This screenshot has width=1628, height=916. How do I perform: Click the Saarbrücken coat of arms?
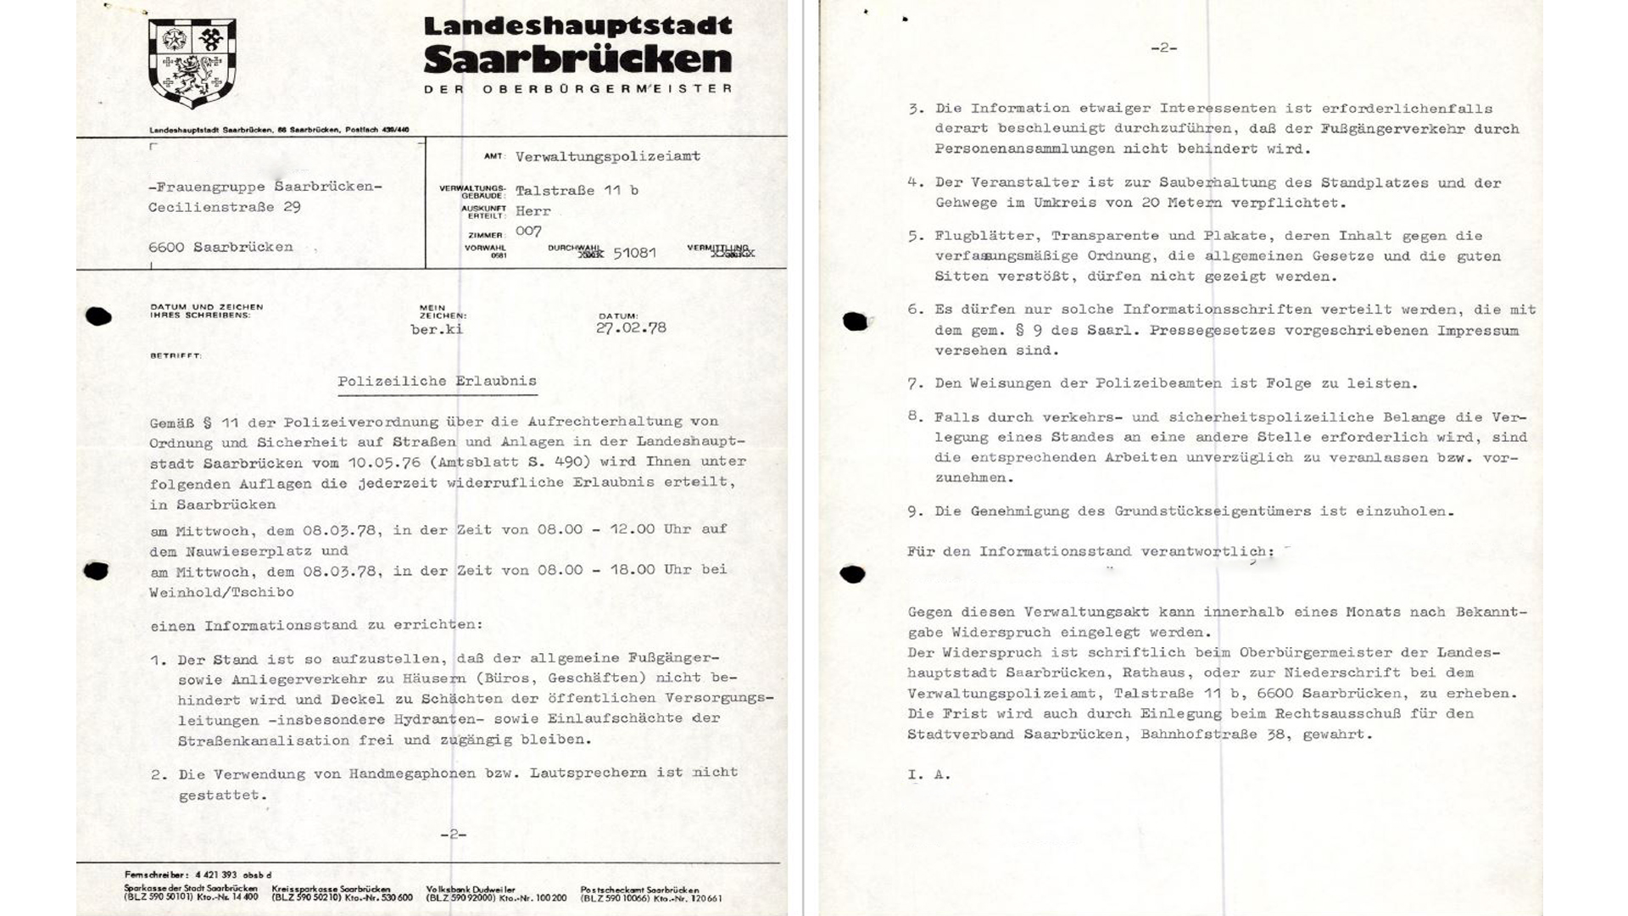click(x=192, y=62)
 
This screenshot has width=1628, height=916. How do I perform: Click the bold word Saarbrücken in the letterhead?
click(x=577, y=59)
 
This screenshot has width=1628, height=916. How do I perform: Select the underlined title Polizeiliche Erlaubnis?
click(x=437, y=382)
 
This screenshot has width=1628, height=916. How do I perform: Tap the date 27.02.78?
click(x=631, y=328)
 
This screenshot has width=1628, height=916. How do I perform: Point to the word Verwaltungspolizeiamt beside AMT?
click(x=608, y=156)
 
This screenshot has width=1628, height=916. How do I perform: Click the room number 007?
click(x=528, y=231)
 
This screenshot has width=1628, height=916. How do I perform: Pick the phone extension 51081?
click(x=634, y=253)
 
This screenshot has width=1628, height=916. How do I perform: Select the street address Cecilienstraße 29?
click(x=225, y=207)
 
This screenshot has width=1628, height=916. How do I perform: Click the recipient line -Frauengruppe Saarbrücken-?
click(x=265, y=187)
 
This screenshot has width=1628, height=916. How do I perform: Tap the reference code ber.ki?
click(x=437, y=329)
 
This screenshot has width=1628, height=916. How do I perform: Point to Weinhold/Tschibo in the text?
click(x=222, y=592)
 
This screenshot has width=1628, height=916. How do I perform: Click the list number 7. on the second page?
click(x=915, y=384)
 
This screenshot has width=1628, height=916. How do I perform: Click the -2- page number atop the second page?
click(x=1164, y=48)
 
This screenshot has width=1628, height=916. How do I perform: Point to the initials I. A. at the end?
click(x=928, y=774)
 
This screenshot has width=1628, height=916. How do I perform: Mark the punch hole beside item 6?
click(x=855, y=321)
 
